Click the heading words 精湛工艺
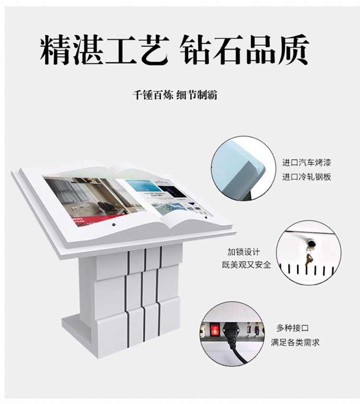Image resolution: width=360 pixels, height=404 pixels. (x=104, y=49)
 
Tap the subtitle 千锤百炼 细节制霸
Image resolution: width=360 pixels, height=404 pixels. (x=175, y=95)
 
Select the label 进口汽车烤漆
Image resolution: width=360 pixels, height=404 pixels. (x=306, y=163)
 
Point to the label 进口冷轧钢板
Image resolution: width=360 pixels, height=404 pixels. (x=306, y=177)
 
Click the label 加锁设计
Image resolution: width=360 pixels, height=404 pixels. (x=244, y=252)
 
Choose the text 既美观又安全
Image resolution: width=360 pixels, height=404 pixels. (x=246, y=265)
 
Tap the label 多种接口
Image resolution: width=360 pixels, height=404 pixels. (x=292, y=328)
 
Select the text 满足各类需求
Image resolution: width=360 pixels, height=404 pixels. (x=295, y=343)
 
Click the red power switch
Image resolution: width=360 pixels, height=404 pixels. (x=214, y=330)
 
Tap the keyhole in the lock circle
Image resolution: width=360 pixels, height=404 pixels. (x=311, y=243)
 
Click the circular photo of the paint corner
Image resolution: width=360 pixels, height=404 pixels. (x=243, y=168)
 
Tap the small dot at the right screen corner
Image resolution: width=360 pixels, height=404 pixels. (x=206, y=218)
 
